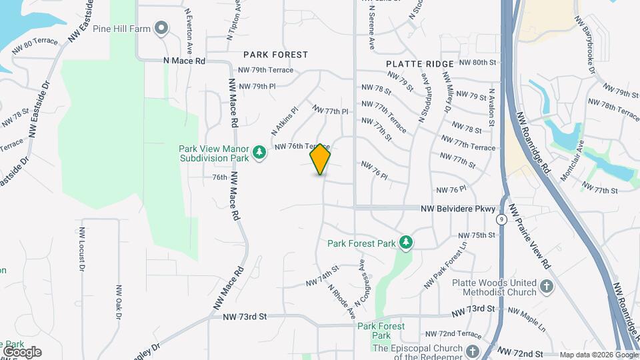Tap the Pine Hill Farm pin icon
click(161, 28)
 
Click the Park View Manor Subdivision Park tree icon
click(259, 154)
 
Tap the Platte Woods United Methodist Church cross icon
click(546, 287)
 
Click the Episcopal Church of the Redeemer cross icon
click(473, 351)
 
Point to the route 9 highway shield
click(501, 219)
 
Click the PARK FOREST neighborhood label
click(275, 55)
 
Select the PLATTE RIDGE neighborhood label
click(420, 63)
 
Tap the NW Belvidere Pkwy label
click(458, 209)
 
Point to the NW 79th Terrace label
click(266, 70)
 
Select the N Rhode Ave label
click(341, 301)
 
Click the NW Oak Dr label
click(119, 303)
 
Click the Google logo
click(21, 352)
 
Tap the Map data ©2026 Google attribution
click(597, 355)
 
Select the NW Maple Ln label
click(527, 311)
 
